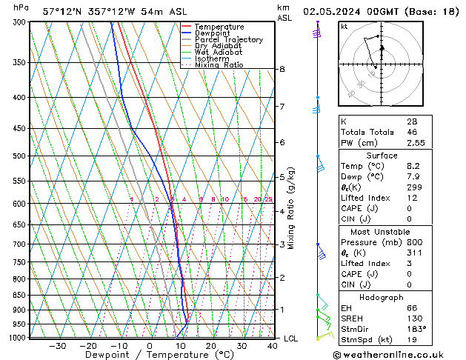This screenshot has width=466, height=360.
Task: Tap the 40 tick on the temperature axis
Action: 273,346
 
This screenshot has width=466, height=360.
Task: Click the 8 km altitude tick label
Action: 282,69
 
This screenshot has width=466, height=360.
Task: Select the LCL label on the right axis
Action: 291,339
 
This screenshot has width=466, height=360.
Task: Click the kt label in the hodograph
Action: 344,26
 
